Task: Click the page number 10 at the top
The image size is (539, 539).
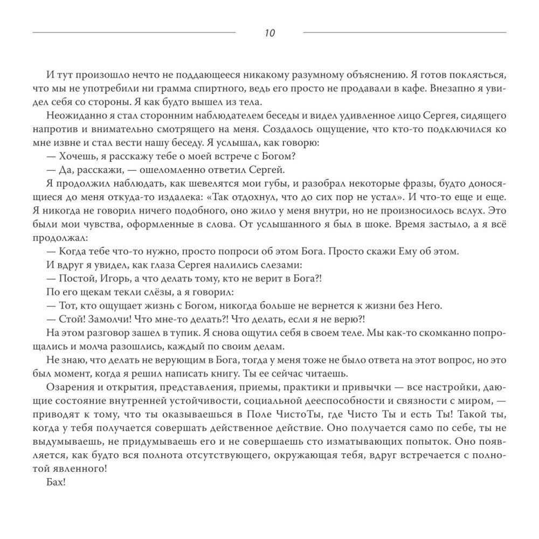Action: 269,33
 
